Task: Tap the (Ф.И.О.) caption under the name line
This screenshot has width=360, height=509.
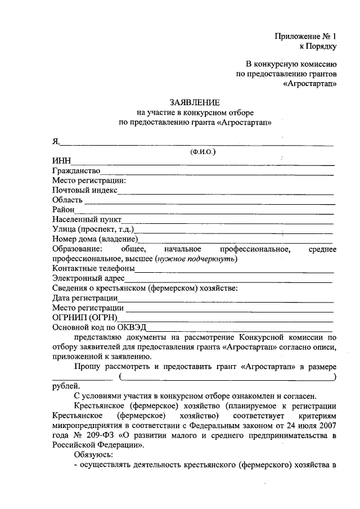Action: tap(203, 151)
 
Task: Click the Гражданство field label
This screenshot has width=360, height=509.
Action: tap(76, 170)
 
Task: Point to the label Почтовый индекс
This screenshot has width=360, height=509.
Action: tap(85, 190)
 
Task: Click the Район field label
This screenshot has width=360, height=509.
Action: tap(64, 210)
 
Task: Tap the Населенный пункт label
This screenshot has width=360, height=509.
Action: tap(87, 219)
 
